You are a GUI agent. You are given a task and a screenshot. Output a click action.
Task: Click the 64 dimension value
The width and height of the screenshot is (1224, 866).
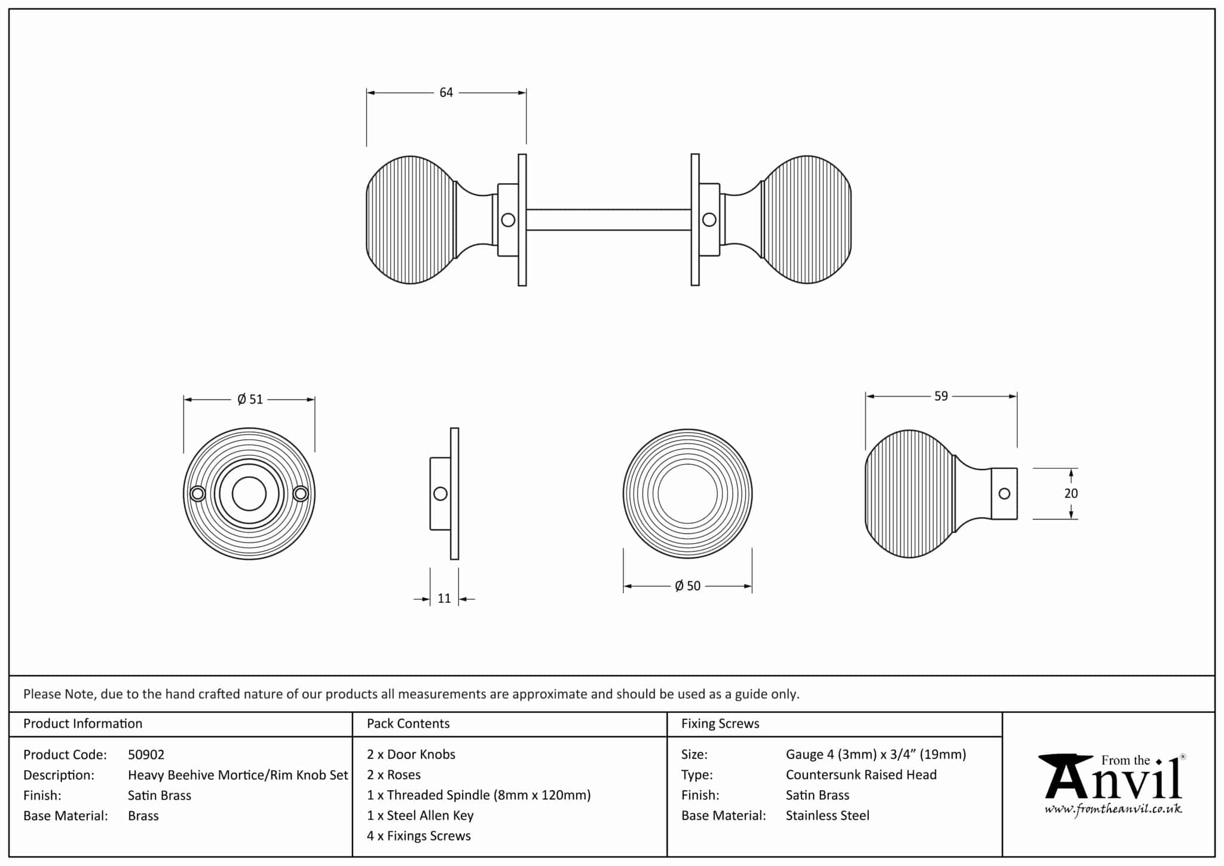(x=446, y=93)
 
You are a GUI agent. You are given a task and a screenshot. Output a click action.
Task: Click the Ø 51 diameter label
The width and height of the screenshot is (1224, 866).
(x=250, y=400)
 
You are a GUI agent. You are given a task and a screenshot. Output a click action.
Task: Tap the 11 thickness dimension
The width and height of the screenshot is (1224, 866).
(x=444, y=599)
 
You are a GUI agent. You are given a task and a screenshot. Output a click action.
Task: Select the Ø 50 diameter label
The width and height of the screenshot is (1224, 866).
(x=687, y=586)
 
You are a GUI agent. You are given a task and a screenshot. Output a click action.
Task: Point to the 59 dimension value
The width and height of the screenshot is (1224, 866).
(x=941, y=397)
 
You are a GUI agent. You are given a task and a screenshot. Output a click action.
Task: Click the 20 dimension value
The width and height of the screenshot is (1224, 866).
(x=1071, y=493)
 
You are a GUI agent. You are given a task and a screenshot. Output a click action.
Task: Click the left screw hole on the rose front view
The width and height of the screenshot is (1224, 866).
(x=198, y=494)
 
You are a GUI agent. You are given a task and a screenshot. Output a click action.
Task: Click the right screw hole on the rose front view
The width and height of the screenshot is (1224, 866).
(x=301, y=494)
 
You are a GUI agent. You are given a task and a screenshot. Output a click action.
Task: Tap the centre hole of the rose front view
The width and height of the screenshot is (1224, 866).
(x=249, y=494)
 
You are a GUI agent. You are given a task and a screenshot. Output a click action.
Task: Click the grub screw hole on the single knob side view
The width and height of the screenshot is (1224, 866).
(x=1005, y=494)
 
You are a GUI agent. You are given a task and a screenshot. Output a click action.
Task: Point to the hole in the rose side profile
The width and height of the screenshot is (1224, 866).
(x=440, y=494)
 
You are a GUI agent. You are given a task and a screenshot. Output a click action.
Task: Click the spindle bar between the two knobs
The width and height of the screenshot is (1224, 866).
(x=608, y=220)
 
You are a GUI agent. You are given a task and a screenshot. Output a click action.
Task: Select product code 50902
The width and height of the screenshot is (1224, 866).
(x=146, y=755)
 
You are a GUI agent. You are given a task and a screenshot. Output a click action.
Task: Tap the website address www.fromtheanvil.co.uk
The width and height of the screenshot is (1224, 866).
(x=1113, y=810)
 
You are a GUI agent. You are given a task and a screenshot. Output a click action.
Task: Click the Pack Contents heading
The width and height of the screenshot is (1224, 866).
(x=408, y=724)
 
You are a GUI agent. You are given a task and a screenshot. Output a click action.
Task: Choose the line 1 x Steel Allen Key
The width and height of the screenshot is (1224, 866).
(x=420, y=816)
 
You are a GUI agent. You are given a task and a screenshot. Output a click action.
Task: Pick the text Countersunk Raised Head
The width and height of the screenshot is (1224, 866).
(x=861, y=775)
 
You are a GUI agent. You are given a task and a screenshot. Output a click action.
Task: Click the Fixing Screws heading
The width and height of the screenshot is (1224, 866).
(x=720, y=724)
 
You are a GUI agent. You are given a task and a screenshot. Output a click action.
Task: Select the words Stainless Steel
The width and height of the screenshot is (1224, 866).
(x=828, y=816)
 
